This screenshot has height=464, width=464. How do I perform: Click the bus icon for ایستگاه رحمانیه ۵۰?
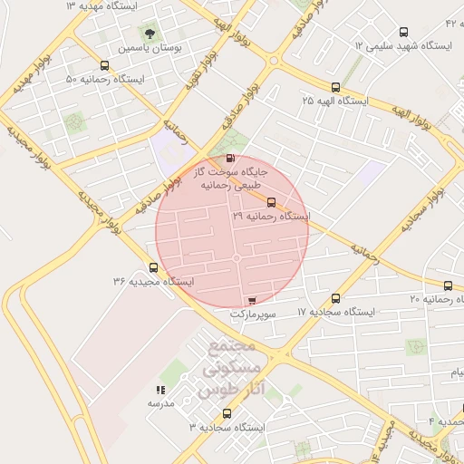tap(105, 66)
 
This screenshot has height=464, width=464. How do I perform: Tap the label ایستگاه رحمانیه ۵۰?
tap(105, 80)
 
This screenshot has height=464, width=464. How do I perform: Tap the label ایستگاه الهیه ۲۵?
tap(335, 101)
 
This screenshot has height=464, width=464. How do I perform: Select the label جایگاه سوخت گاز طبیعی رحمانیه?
tap(228, 178)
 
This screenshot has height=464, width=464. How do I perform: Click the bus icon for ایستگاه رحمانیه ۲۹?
tap(272, 203)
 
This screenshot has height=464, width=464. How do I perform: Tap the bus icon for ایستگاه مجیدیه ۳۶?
tap(153, 268)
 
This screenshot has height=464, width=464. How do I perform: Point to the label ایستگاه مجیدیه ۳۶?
tap(153, 282)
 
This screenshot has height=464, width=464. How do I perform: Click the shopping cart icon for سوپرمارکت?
tap(252, 300)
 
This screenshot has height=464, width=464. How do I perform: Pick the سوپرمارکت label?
tap(251, 313)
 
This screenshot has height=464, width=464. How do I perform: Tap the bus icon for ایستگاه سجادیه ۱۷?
tap(336, 298)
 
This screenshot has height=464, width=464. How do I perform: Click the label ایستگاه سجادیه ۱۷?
tap(336, 311)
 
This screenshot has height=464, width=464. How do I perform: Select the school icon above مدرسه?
tap(160, 391)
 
